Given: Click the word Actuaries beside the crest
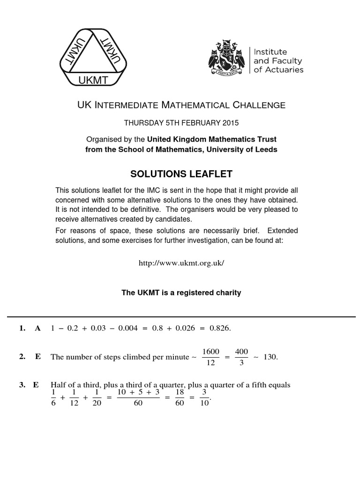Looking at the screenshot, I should coord(284,70).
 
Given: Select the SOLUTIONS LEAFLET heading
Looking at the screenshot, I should coord(180,174).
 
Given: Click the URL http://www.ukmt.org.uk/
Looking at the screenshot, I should coord(181,262).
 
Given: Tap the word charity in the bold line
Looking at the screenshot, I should coord(226,292).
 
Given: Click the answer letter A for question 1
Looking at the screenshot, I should coord(38,329).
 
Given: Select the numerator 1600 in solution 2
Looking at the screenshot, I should coord(210,352).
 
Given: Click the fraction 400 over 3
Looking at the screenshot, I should coord(241,357).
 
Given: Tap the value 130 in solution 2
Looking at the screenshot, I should coord(270,357).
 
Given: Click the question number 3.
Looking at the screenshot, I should coord(22,385).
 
